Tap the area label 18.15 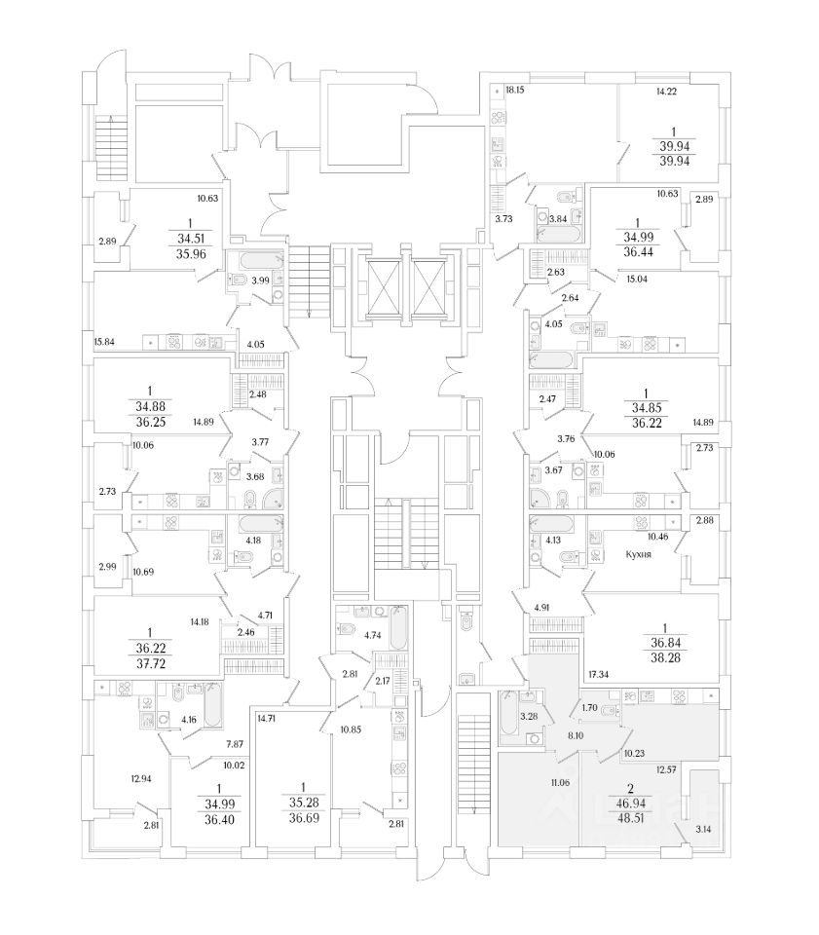tap(515, 91)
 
